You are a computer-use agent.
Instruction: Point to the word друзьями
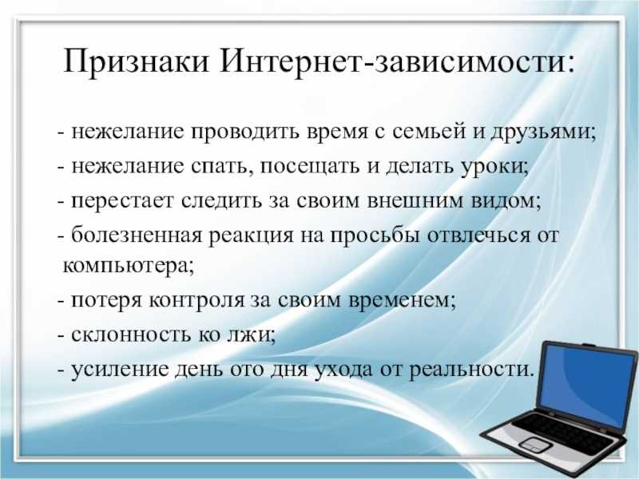543,133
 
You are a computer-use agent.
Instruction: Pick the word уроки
494,168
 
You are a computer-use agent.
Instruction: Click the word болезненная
137,235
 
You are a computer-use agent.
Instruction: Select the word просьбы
375,236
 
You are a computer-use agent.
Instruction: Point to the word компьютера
129,267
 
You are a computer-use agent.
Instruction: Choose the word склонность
131,335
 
